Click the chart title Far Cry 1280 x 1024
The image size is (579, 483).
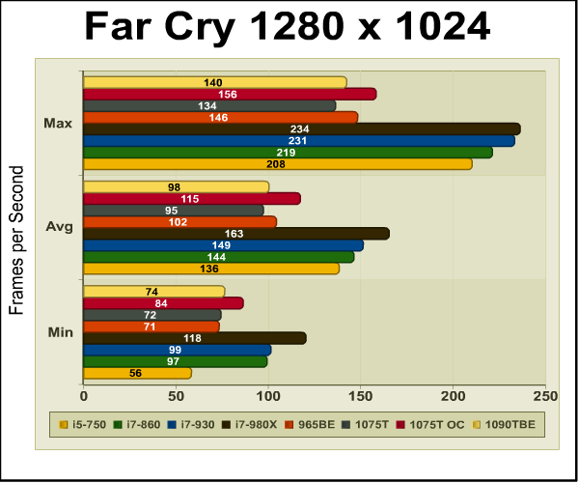click(289, 27)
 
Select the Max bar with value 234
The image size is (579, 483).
click(302, 129)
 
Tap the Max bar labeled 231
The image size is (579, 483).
click(299, 141)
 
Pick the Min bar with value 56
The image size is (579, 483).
click(137, 373)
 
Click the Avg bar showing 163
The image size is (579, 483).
click(236, 234)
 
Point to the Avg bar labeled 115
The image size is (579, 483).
click(192, 199)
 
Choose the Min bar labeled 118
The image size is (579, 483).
click(195, 338)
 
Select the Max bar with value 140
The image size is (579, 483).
click(214, 83)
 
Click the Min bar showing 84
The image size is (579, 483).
click(163, 303)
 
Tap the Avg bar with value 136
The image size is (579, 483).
click(211, 269)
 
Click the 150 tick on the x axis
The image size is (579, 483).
click(361, 395)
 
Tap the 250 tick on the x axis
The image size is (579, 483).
click(545, 395)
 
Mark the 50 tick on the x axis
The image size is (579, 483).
click(176, 395)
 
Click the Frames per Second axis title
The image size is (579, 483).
click(16, 241)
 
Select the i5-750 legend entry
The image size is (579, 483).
click(84, 424)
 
